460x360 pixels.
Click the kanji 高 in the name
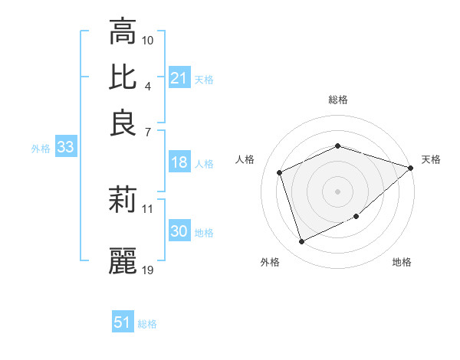[123, 32]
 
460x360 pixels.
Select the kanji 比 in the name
[123, 77]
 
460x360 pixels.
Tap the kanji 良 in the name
[123, 123]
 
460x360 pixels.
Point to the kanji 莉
[123, 201]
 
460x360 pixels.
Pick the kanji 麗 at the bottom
[123, 261]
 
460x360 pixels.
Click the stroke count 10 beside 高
[148, 40]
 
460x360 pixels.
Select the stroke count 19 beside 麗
[148, 270]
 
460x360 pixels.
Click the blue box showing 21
[179, 78]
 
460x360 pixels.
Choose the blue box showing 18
[179, 162]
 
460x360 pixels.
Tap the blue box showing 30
[179, 231]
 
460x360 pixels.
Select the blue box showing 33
[65, 148]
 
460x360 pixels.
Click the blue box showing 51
[123, 322]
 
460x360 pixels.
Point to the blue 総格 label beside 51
[147, 324]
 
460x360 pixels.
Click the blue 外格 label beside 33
[40, 149]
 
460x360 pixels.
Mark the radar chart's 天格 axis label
[431, 159]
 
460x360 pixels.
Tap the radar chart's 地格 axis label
[402, 263]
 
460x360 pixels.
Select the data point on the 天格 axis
[411, 168]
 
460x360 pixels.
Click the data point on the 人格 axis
[280, 172]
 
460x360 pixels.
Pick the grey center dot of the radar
[337, 191]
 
